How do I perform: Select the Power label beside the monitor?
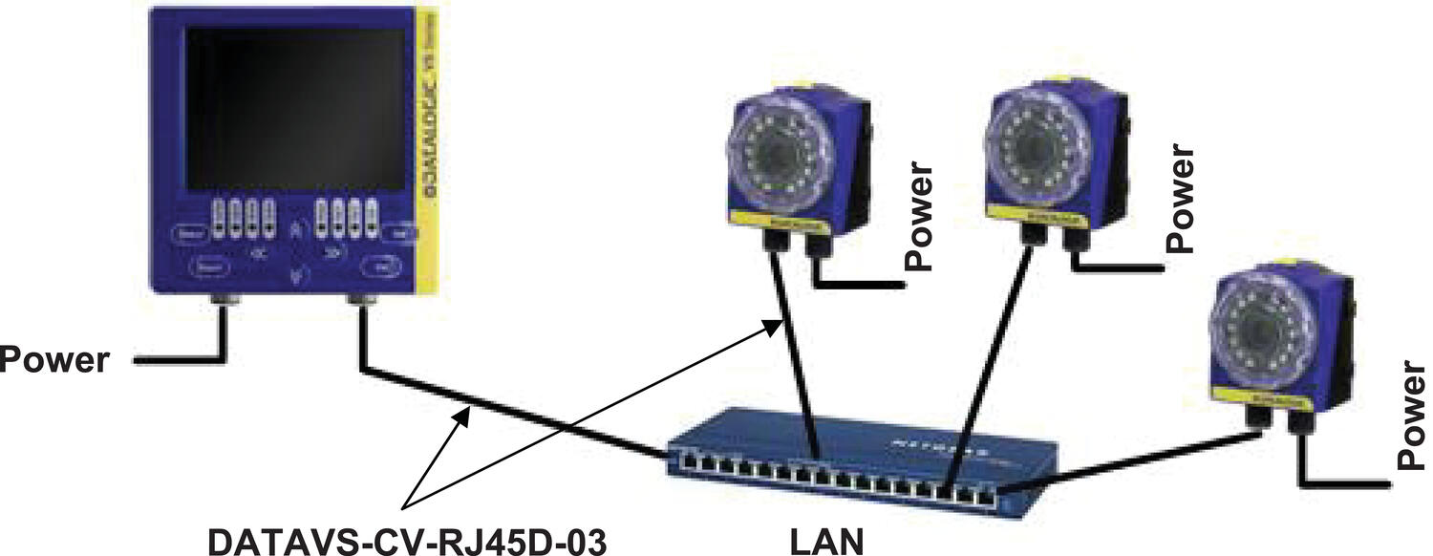coord(54,360)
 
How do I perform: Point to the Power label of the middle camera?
coord(1181,199)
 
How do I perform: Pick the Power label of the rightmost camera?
coord(1415,416)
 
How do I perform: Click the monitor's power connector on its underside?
coord(221,304)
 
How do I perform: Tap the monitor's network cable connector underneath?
coord(361,304)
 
